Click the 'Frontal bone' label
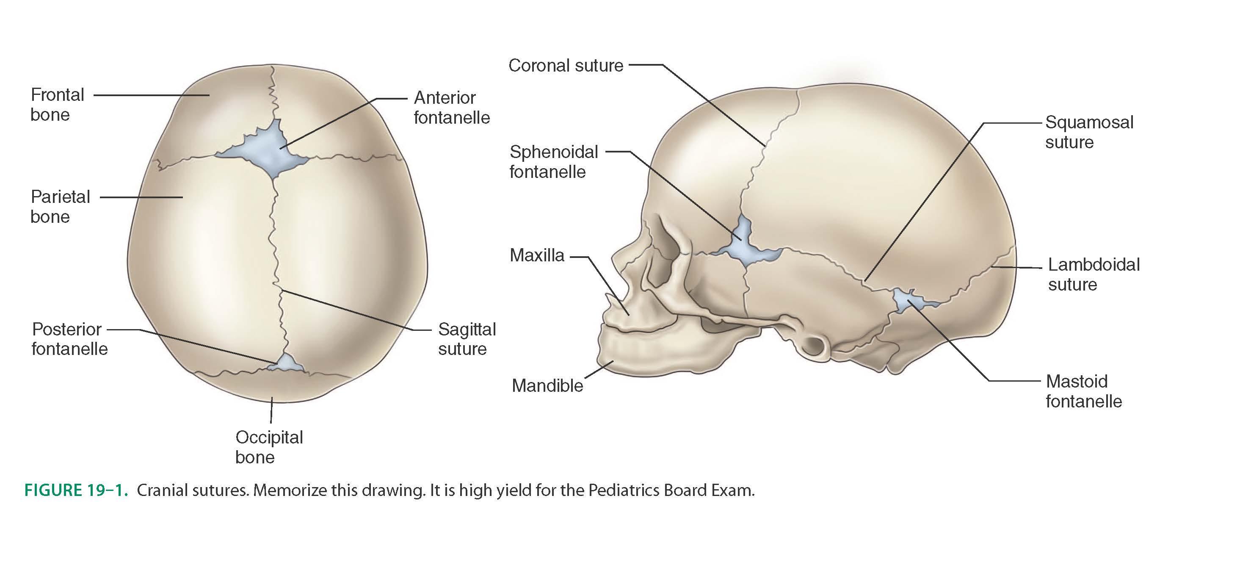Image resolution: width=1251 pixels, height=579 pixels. point(57,105)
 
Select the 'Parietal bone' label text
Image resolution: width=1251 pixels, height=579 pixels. point(60,206)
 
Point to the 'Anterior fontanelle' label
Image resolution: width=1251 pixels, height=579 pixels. point(451,107)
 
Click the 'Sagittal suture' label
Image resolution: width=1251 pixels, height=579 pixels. point(466,338)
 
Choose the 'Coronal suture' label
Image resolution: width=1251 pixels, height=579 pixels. point(565,65)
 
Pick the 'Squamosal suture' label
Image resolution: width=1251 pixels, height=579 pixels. point(1089,132)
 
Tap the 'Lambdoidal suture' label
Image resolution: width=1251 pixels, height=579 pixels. point(1093,274)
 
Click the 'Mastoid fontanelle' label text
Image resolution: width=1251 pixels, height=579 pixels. point(1083,391)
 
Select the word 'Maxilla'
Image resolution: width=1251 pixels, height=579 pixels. point(537,255)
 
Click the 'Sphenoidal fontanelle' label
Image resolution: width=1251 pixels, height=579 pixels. point(553,162)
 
